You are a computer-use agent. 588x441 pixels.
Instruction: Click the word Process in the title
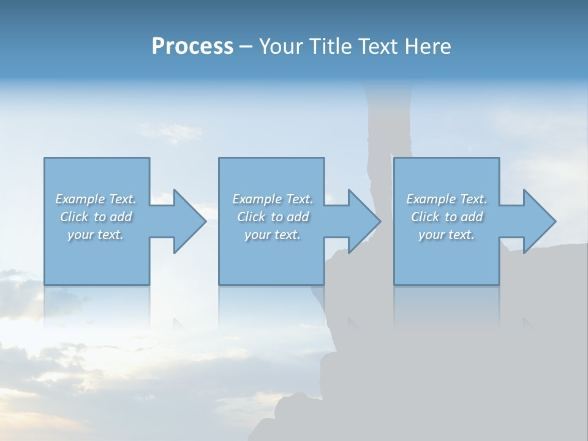[x=192, y=47]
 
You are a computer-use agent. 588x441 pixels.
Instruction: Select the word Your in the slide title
[x=281, y=47]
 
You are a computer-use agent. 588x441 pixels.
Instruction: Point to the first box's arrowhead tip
[x=205, y=221]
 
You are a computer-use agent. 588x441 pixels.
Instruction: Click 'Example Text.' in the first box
[x=96, y=199]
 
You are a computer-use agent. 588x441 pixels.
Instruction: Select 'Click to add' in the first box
[x=96, y=217]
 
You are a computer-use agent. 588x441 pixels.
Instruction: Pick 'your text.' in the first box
[x=96, y=235]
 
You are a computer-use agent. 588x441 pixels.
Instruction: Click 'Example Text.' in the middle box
[x=273, y=199]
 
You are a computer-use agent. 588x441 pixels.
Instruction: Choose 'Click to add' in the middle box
[x=273, y=217]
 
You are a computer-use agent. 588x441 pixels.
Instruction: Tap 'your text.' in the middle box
[x=272, y=235]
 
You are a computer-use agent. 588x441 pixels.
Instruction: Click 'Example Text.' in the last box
[x=447, y=199]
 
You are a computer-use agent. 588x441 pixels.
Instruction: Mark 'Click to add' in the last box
[x=447, y=217]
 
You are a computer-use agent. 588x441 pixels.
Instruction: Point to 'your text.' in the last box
[x=447, y=235]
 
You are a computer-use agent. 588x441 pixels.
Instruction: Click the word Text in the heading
[x=380, y=47]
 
